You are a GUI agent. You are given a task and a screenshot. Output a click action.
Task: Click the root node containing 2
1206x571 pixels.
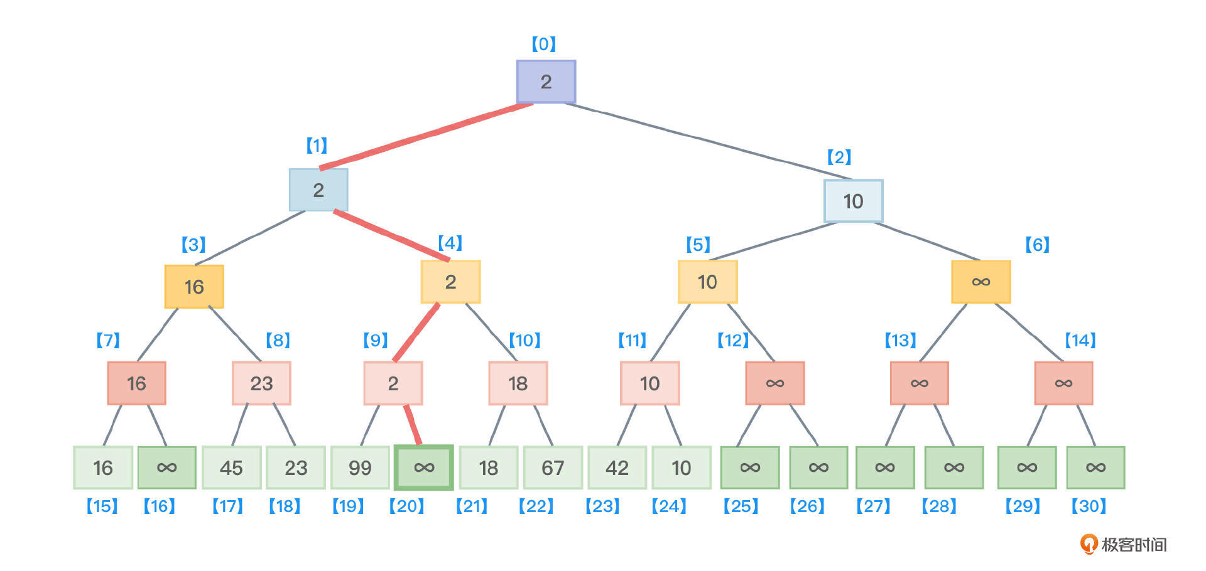pos(545,82)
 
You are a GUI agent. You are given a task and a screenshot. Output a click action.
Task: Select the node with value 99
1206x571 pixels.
pos(360,467)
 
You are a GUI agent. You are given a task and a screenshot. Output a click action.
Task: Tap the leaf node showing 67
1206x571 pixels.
pos(552,467)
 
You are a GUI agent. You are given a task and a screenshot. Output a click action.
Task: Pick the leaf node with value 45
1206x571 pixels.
pos(231,467)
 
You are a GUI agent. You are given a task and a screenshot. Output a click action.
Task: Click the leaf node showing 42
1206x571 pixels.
pos(617,467)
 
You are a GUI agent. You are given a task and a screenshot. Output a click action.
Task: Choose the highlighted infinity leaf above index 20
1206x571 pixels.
pos(424,467)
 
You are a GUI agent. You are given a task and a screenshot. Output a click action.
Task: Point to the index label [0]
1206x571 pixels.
pos(544,44)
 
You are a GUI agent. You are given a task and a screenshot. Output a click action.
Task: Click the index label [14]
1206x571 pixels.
pos(1080,341)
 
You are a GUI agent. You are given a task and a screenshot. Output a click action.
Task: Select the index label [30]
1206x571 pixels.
pos(1089,506)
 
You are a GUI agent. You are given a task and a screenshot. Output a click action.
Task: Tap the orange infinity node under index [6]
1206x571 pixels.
pos(981,282)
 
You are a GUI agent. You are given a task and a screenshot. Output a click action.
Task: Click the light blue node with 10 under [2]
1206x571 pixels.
pos(853,201)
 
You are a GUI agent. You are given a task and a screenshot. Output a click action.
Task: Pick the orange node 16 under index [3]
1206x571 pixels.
pos(194,287)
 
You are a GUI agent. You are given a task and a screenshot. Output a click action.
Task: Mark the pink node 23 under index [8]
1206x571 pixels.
pos(261,383)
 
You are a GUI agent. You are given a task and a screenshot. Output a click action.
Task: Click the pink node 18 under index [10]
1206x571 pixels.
pos(518,383)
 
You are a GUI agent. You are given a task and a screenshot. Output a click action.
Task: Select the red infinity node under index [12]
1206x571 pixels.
pos(774,383)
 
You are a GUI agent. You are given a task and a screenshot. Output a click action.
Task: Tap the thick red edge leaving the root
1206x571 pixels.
pos(427,136)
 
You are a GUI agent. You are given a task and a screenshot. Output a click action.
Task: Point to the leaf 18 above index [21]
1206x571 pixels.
pos(488,467)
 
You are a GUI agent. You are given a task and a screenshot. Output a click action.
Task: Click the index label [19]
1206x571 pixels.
pos(348,506)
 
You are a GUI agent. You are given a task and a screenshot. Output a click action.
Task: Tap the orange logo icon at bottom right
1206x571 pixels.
pos(1089,544)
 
